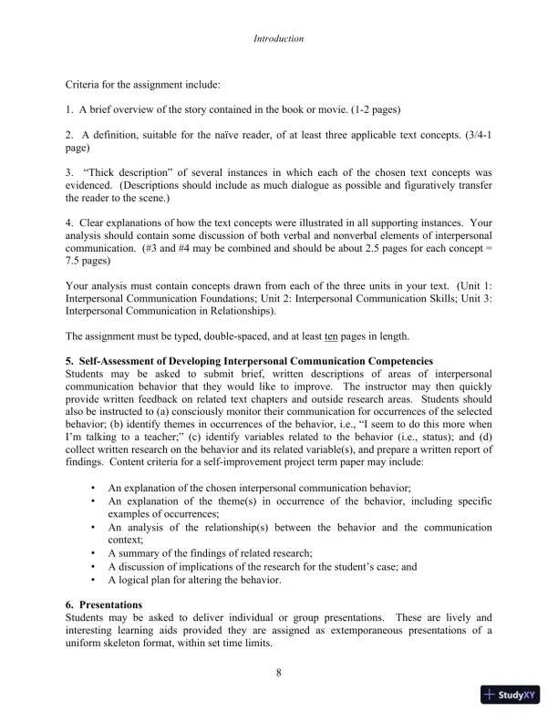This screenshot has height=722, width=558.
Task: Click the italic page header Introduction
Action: point(278,39)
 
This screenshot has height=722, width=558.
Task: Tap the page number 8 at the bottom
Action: point(278,674)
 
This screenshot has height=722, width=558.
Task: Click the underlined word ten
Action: point(317,335)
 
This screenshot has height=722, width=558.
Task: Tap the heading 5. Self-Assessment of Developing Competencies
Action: point(249,362)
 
